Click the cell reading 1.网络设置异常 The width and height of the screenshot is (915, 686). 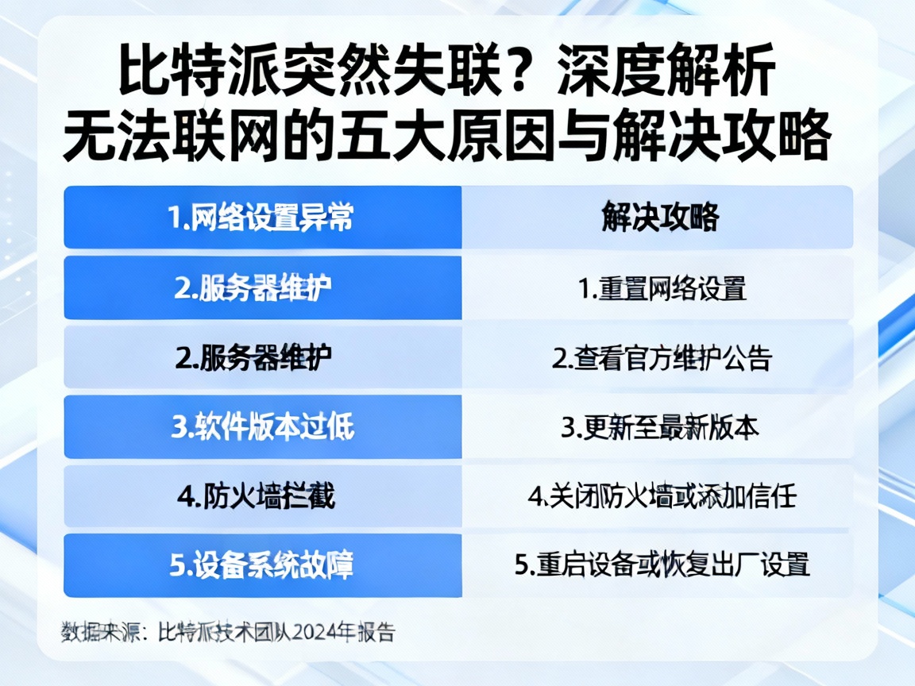(262, 218)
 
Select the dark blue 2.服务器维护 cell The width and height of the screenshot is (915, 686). (262, 287)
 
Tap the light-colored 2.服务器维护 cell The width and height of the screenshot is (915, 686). (262, 358)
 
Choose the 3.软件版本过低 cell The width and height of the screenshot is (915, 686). (262, 427)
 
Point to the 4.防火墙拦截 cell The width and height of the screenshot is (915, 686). (262, 497)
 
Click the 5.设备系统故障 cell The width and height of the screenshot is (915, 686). (262, 565)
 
